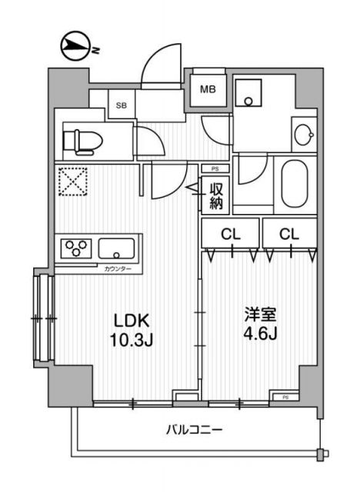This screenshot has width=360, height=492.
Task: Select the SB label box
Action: point(121,105)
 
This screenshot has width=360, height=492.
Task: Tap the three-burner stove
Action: point(76,248)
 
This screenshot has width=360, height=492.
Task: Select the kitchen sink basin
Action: point(118,249)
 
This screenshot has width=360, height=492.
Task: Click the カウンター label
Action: point(118,268)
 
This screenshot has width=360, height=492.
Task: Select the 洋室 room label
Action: point(258,316)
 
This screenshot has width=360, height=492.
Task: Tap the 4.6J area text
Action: point(258,335)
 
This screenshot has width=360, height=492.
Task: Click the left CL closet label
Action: point(230,233)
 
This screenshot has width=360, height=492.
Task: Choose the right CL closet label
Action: point(288,233)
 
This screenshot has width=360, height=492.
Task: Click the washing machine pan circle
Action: point(249,101)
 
